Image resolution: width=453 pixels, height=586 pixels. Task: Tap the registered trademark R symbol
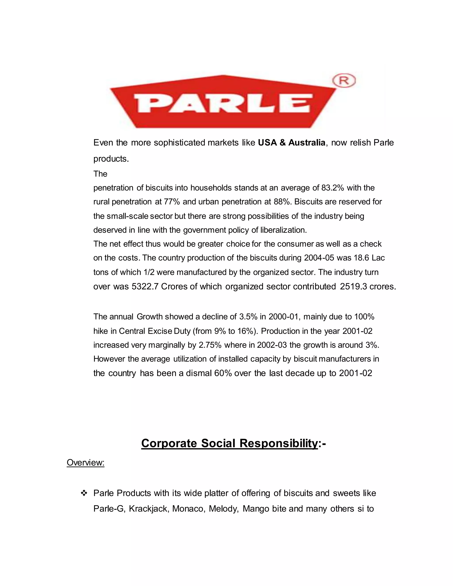[x=344, y=80]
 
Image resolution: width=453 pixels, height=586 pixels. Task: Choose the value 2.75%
[x=210, y=345]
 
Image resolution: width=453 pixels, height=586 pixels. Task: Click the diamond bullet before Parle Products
[x=84, y=493]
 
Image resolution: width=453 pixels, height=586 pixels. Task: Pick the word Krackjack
[x=148, y=509]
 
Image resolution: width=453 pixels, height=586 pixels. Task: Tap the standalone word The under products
[x=100, y=174]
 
